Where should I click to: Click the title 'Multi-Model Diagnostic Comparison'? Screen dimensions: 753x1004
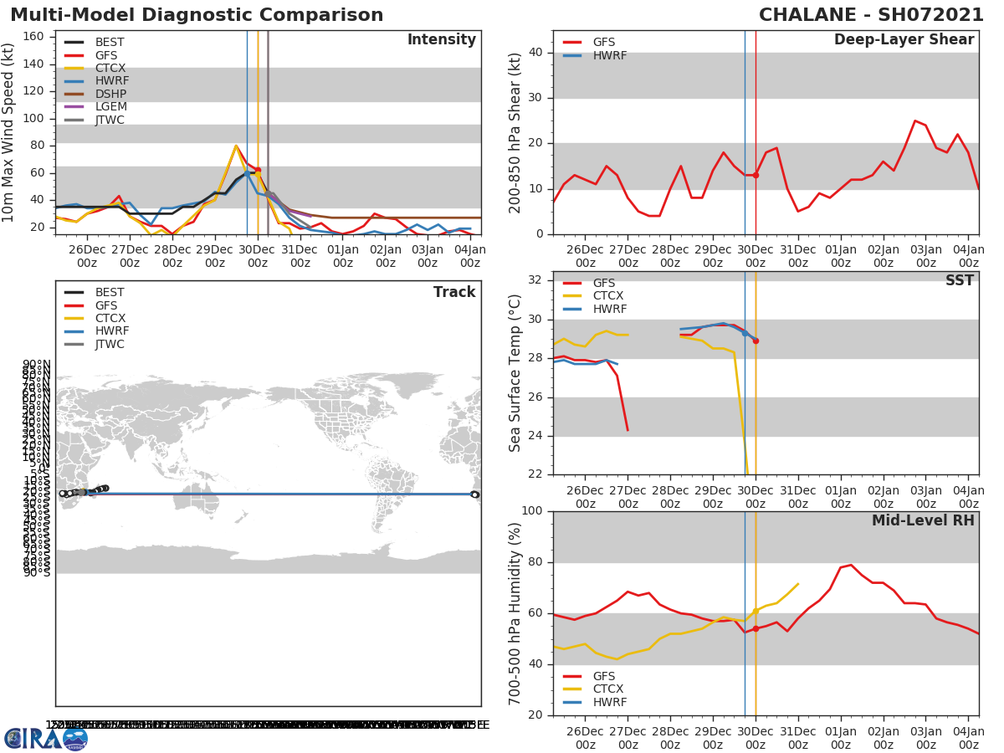pos(197,16)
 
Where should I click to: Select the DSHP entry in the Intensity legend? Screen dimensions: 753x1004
pos(110,94)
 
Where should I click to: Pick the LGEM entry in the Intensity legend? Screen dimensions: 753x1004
pos(110,107)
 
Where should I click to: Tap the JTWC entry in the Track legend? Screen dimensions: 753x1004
pos(110,344)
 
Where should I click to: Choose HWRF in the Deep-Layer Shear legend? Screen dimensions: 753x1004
pos(609,55)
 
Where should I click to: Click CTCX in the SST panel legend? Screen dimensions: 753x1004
pos(607,296)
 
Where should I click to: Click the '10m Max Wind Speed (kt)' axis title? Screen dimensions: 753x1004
pos(9,132)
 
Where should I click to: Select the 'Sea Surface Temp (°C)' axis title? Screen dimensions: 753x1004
pos(515,373)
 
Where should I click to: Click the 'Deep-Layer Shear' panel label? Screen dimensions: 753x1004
pos(904,40)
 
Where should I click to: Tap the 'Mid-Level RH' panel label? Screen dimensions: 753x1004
pos(922,520)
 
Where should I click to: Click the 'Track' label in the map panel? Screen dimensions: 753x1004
pos(453,292)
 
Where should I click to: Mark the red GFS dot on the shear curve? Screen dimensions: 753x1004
pos(756,175)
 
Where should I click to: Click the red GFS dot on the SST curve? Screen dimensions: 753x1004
pos(756,341)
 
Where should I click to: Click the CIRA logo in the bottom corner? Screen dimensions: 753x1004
pos(46,738)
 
